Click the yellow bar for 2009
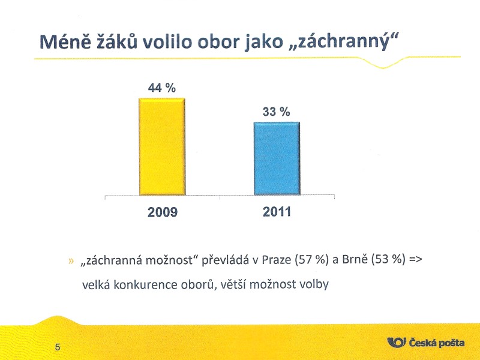click(x=162, y=146)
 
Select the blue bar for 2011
click(x=277, y=158)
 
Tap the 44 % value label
click(x=162, y=88)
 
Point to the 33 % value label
click(x=277, y=112)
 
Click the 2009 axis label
click(x=163, y=212)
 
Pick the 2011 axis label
click(x=277, y=212)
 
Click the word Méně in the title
click(x=65, y=41)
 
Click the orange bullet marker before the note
click(x=71, y=261)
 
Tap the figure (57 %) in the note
click(x=311, y=260)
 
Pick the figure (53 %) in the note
click(x=388, y=260)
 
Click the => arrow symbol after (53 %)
click(x=415, y=260)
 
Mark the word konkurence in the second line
click(x=145, y=284)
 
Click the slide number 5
click(x=58, y=347)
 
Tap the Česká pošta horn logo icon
click(x=397, y=342)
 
